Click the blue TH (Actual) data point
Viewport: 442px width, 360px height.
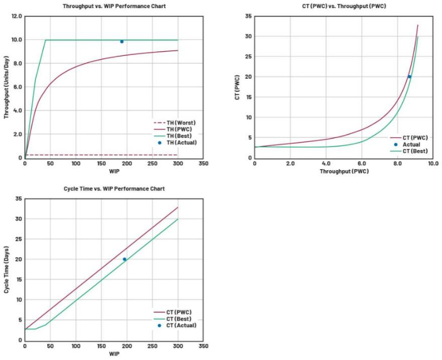click(121, 41)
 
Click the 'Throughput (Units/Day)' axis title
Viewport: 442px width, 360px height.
click(7, 86)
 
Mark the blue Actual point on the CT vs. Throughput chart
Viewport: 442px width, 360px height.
click(409, 76)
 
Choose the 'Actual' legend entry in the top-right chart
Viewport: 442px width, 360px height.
click(411, 144)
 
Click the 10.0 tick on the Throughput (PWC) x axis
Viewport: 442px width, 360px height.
click(433, 164)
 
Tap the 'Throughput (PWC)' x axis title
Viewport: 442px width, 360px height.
click(344, 171)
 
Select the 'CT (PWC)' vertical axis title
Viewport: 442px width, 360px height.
click(236, 87)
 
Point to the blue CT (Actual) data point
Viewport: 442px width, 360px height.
click(124, 259)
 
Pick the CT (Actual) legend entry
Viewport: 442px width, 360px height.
click(181, 325)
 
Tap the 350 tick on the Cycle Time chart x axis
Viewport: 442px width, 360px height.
click(203, 346)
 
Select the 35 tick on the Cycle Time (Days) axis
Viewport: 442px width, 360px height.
click(18, 198)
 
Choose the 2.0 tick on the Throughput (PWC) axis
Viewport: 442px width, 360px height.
click(290, 164)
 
